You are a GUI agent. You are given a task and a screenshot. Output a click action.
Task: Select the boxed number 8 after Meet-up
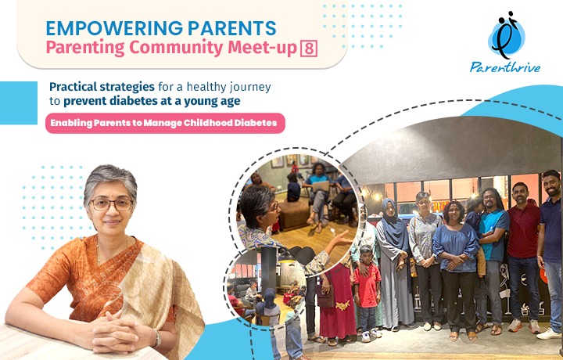309,49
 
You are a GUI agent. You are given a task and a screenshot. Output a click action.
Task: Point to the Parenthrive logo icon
507,35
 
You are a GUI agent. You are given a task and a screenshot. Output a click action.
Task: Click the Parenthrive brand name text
505,67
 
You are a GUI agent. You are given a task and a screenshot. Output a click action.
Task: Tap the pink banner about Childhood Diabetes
165,123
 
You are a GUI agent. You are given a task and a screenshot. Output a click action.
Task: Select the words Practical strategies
102,87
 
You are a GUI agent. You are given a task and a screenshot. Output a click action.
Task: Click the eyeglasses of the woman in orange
112,205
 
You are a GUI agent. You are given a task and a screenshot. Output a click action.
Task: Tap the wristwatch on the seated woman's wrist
156,338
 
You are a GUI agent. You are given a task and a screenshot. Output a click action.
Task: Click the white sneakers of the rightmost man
549,334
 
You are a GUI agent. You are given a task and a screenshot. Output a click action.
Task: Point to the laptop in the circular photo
320,186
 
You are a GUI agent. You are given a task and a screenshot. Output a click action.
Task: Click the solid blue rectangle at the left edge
19,103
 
